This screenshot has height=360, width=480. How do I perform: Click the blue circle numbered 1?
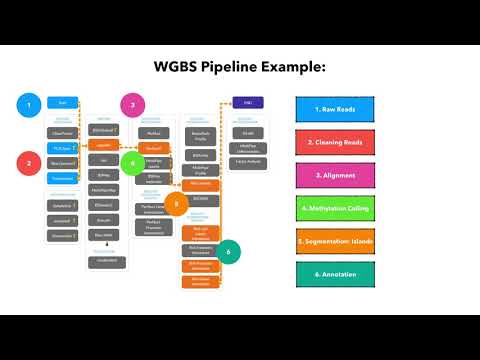click(31, 103)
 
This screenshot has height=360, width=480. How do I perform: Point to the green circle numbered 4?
click(133, 162)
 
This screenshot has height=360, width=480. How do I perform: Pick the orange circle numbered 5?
click(175, 203)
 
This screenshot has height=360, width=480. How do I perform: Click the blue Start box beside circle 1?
click(62, 103)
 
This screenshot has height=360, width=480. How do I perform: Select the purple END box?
click(246, 102)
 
